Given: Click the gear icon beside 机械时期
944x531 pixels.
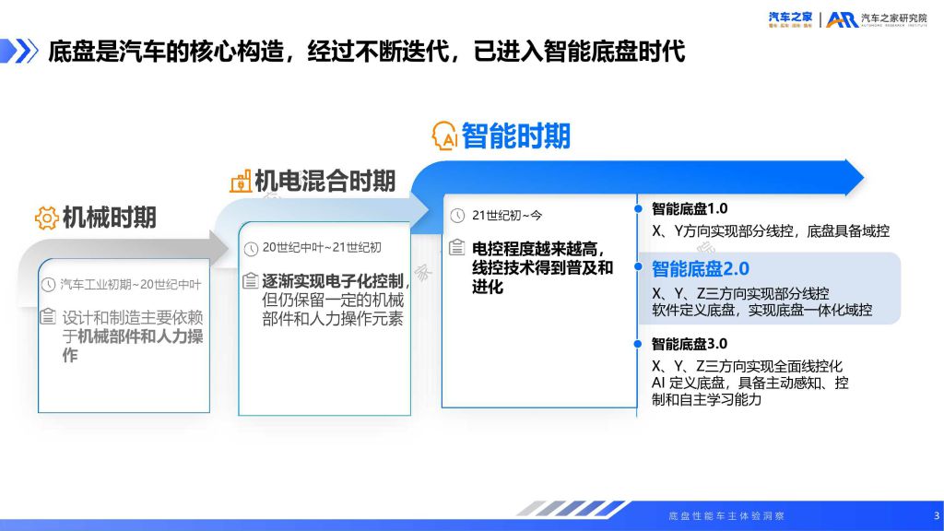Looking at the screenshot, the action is [x=46, y=218].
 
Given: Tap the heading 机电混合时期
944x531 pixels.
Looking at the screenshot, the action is [x=325, y=181].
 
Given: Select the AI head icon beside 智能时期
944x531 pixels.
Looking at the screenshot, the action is [x=444, y=136].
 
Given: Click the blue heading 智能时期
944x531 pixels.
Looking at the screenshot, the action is [x=516, y=136].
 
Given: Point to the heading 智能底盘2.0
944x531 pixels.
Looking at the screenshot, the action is [x=701, y=268].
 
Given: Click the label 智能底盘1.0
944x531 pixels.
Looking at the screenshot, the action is [x=690, y=209].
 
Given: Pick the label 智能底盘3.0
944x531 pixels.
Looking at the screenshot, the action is [x=690, y=344].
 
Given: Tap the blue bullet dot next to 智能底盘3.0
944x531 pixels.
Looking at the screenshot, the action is [x=638, y=344].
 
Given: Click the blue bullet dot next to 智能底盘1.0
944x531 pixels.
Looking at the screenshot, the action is [x=638, y=209].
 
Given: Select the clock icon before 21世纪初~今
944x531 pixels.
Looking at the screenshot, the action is [x=457, y=216].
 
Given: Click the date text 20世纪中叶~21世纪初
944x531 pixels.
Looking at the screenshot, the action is [x=322, y=247].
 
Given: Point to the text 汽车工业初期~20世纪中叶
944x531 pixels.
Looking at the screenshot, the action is [x=131, y=284].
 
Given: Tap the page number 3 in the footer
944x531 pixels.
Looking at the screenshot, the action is [x=937, y=515].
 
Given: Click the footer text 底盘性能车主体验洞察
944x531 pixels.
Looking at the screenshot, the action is [x=726, y=516].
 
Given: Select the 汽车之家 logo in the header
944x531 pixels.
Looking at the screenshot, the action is [x=790, y=19].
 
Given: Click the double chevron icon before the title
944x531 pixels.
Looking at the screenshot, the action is [x=20, y=52].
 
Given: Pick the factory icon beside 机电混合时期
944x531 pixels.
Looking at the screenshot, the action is [x=241, y=181].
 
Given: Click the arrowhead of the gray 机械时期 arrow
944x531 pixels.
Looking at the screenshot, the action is [x=218, y=247].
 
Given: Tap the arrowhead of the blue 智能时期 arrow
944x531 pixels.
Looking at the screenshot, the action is [x=855, y=178].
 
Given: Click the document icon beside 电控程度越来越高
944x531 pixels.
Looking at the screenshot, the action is [x=457, y=247].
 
